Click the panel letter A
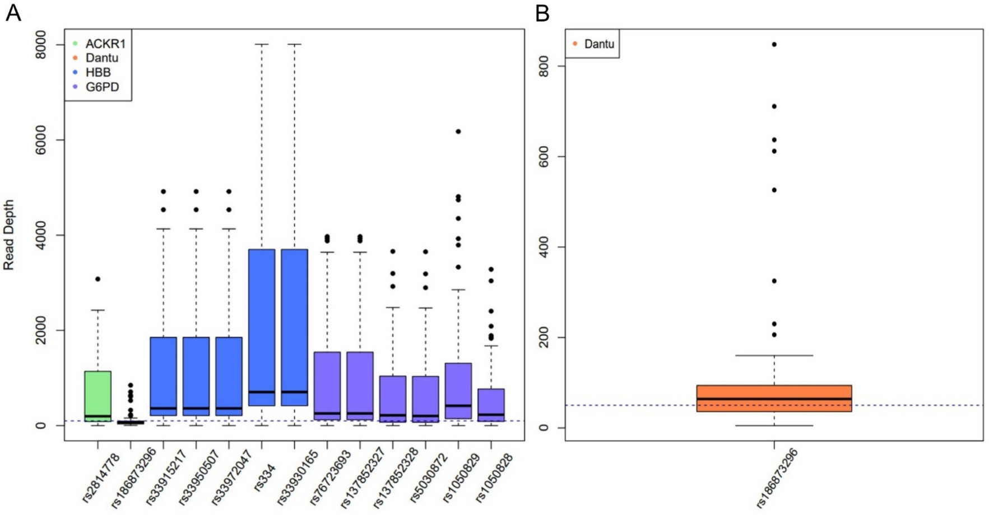click(13, 12)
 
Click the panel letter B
click(542, 12)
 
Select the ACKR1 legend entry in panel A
click(105, 44)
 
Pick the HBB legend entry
click(97, 72)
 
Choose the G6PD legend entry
click(101, 87)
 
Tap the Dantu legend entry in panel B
click(598, 44)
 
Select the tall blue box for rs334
click(262, 325)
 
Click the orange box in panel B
click(774, 398)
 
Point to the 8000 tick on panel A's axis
click(40, 44)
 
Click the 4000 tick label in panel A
click(40, 235)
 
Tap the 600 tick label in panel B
click(543, 157)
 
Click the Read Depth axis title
click(9, 235)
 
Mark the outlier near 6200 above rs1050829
click(458, 132)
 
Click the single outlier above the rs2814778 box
click(98, 279)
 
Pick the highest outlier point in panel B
click(774, 44)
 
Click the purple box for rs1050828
click(491, 404)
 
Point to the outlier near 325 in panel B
click(774, 281)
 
